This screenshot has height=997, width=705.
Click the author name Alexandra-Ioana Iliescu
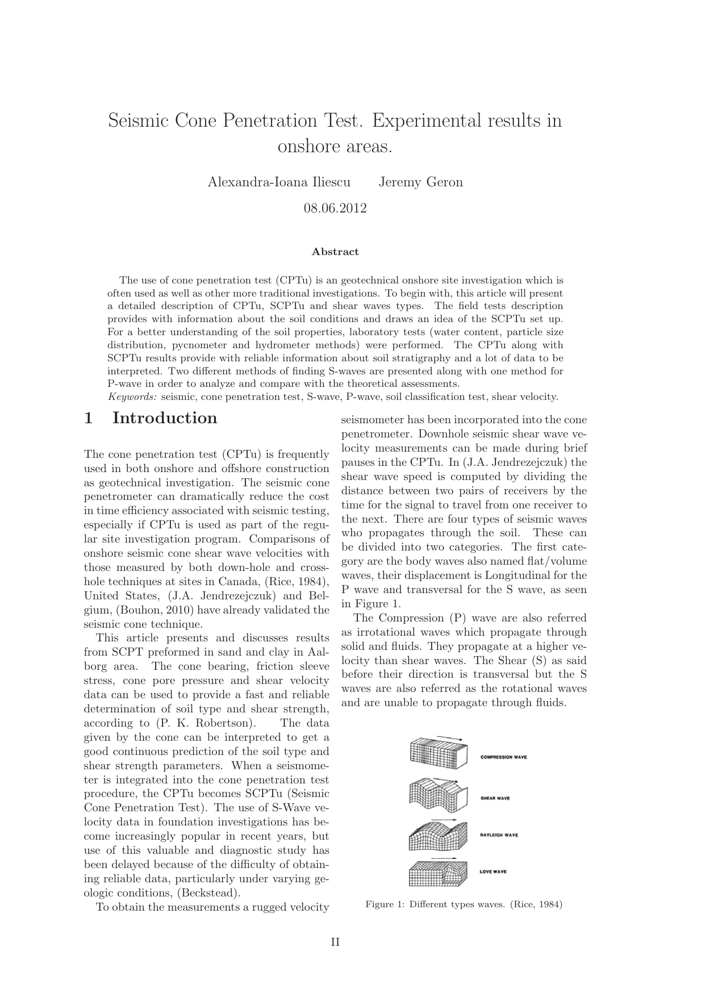(279, 182)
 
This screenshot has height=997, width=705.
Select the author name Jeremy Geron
(420, 182)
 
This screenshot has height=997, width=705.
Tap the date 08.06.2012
(335, 208)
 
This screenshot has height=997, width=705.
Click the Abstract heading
(335, 252)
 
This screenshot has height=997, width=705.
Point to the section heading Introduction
(165, 418)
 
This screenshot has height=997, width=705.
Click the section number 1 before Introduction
(88, 418)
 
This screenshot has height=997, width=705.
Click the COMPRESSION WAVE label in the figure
(503, 757)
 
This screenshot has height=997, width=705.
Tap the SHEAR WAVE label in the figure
(495, 798)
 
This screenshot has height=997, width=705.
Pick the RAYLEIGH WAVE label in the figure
(499, 835)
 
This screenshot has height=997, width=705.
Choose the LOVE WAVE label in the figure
(493, 871)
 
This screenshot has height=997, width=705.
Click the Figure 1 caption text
(464, 904)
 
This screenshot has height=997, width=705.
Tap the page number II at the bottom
(335, 942)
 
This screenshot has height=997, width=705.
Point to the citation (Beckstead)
(201, 893)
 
